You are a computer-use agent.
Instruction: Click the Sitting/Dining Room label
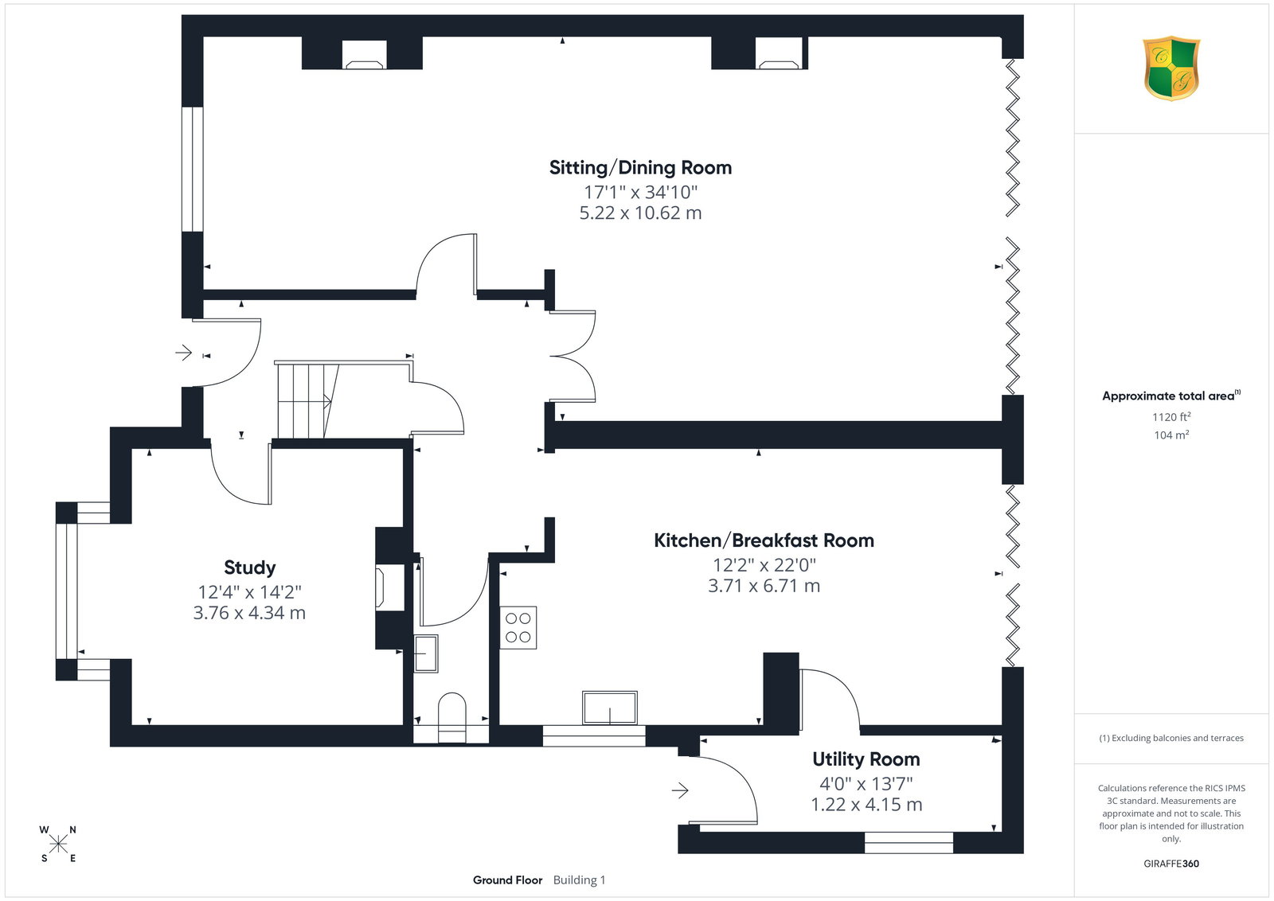640,168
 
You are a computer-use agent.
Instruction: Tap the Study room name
250,568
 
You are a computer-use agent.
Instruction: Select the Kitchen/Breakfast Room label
764,540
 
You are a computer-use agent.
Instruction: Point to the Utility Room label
866,759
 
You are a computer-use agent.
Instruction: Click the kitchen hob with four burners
518,627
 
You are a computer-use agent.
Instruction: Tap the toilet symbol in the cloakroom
452,717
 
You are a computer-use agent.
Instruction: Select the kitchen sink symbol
610,708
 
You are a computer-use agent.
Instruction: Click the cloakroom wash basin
425,653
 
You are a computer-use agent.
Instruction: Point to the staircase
307,401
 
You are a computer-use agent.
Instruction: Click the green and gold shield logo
1171,68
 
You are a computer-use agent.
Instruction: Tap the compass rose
58,844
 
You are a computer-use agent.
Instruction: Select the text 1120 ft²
1171,417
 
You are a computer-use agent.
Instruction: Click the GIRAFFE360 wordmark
1171,864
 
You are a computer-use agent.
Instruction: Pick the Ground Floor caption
507,880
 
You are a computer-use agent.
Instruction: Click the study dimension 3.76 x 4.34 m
250,613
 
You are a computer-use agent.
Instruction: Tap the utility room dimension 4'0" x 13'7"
866,784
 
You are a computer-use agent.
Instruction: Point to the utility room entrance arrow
680,790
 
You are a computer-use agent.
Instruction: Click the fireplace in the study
389,587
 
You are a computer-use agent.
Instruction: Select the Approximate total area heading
1171,396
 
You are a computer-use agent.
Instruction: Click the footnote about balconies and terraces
1171,738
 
